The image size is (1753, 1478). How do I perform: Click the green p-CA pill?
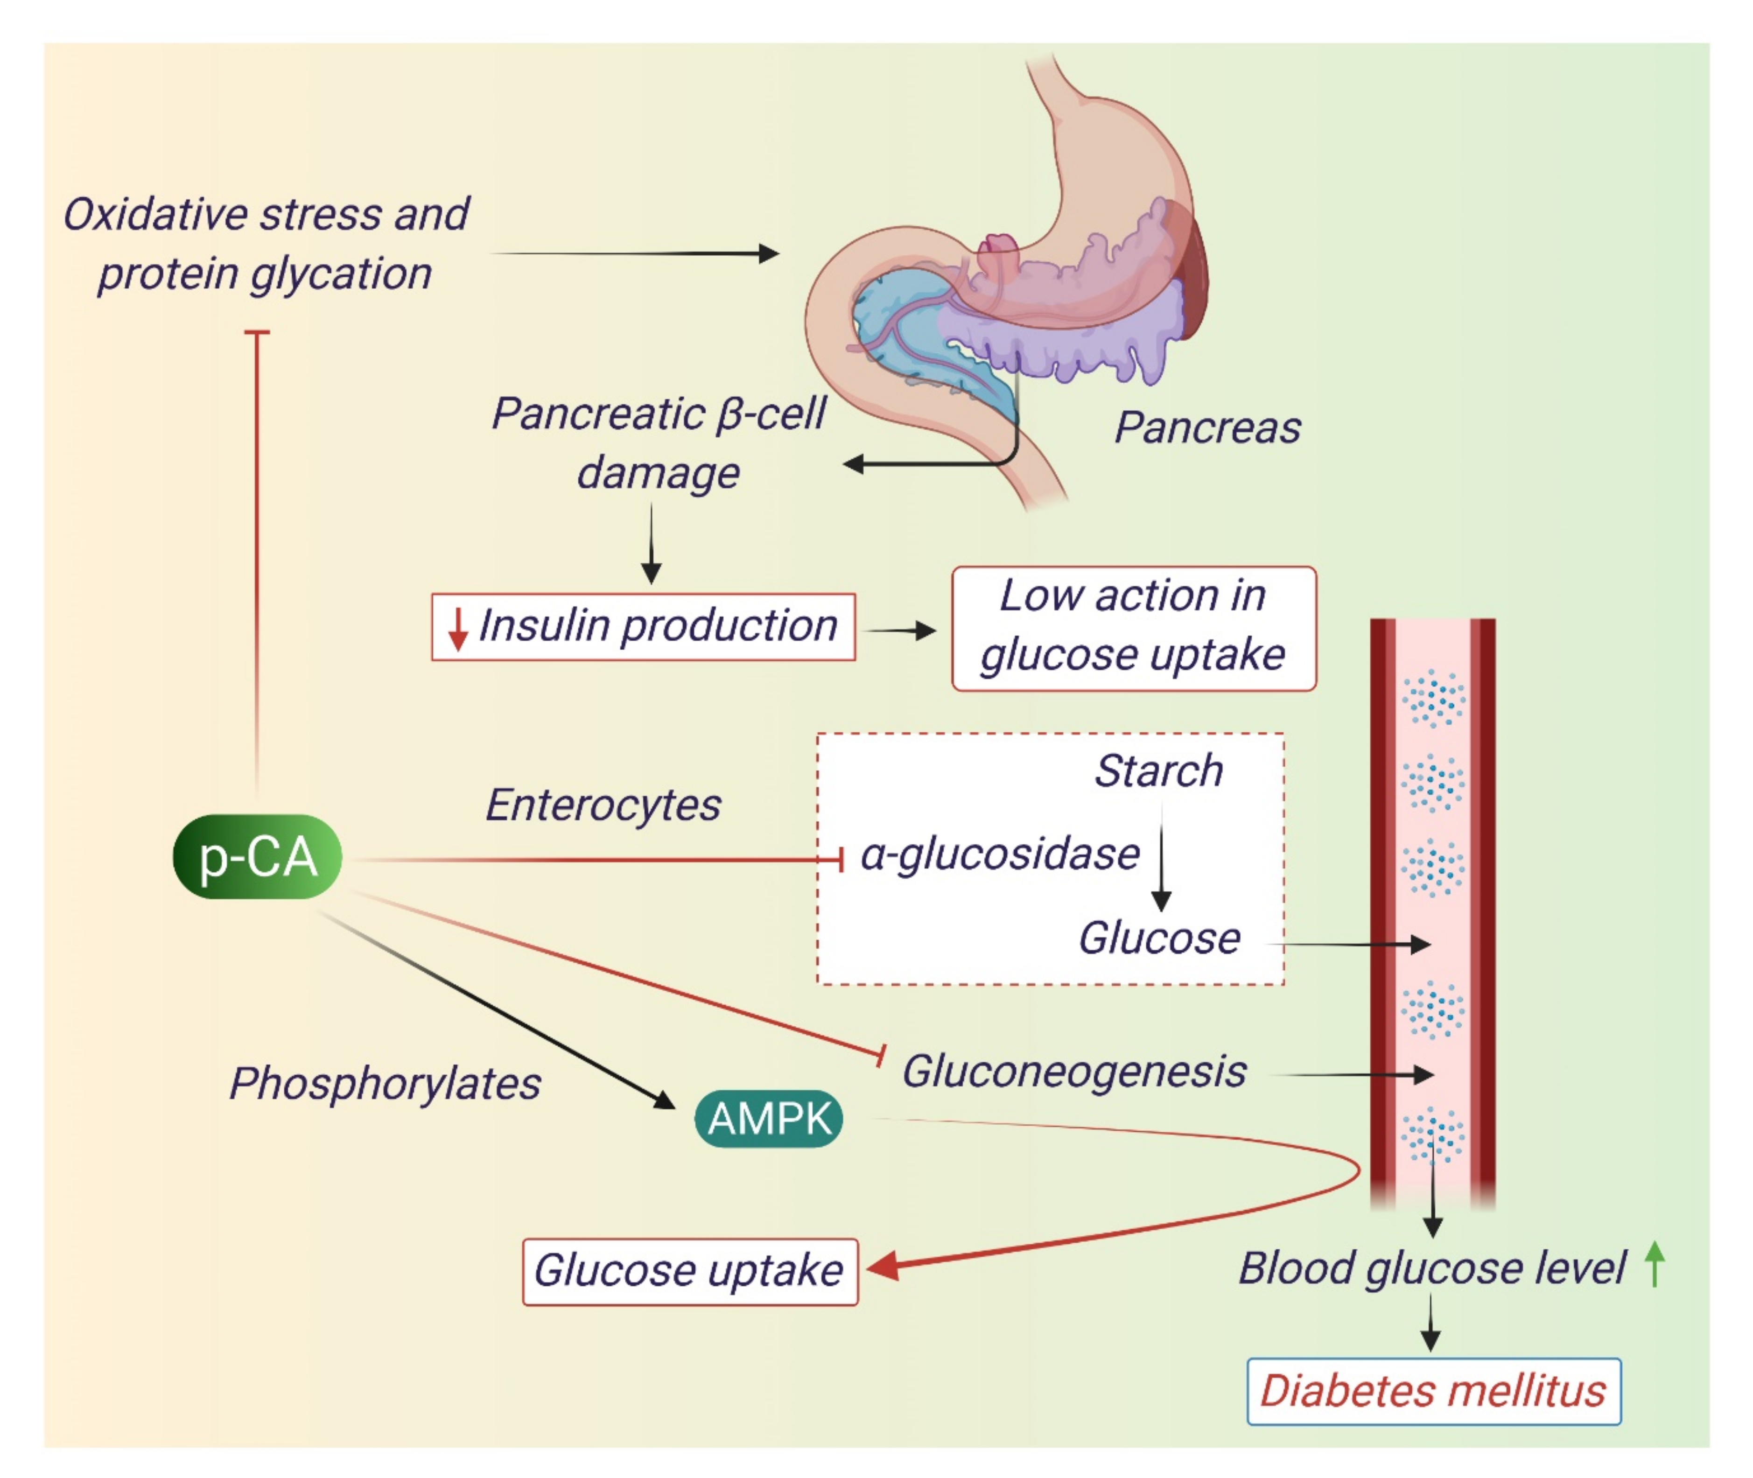click(x=257, y=856)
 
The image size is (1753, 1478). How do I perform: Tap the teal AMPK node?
click(x=768, y=1119)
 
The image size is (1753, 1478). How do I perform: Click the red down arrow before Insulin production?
click(x=456, y=629)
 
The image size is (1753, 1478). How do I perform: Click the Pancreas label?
click(x=1206, y=427)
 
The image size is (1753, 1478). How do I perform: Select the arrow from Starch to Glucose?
click(x=1161, y=859)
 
